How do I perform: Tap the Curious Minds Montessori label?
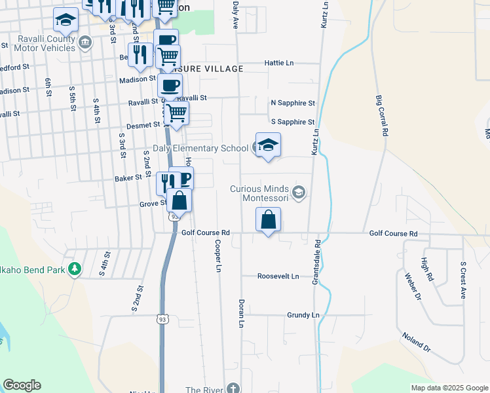260,194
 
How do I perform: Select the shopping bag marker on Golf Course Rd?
269,220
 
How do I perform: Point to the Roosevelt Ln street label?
278,276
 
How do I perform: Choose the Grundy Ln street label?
303,315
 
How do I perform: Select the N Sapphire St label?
293,103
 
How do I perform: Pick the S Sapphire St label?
293,122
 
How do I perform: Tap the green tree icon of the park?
75,268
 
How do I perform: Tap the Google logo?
22,385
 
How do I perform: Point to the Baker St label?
128,178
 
